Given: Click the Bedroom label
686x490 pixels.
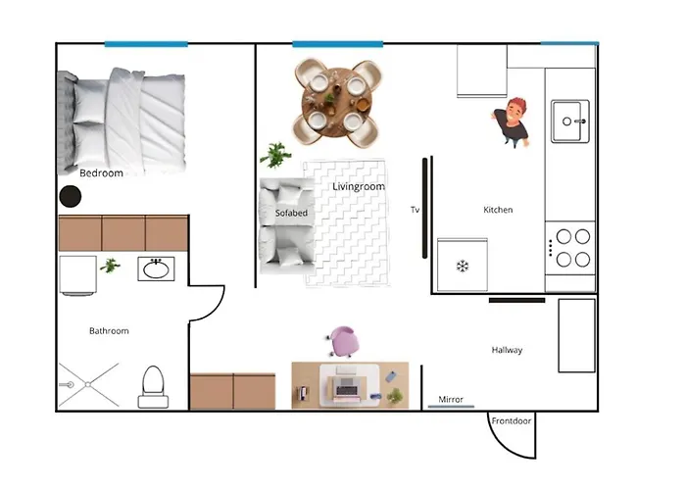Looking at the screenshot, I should tap(101, 173).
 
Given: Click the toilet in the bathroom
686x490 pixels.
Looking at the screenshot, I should tap(153, 386).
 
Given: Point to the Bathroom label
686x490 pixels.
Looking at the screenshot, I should tap(109, 331).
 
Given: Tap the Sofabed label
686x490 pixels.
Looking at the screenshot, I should tap(291, 213).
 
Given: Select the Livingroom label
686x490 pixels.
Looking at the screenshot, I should tap(359, 186).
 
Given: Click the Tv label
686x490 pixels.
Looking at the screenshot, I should tap(416, 210).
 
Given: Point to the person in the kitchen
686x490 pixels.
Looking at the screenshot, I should tap(514, 122).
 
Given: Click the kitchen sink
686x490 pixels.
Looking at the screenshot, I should tap(569, 121).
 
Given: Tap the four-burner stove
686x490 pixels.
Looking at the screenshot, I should tap(570, 248).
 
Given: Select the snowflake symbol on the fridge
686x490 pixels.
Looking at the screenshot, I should tap(462, 266).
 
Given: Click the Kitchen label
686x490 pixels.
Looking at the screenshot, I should tap(498, 210).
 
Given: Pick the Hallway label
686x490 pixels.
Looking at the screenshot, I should tap(507, 350).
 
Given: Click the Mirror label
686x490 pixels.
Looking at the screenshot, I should tap(451, 400).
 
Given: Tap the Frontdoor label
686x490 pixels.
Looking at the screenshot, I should tap(511, 420).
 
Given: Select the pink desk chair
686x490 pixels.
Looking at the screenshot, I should tap(344, 342).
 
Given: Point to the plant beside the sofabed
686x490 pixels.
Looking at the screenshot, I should tap(275, 155).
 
